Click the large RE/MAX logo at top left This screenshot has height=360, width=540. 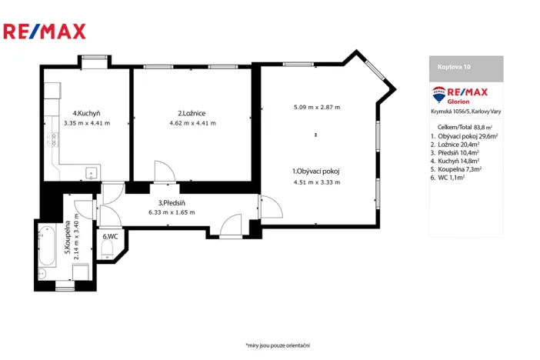[45, 31]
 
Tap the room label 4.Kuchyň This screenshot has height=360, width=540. [87, 112]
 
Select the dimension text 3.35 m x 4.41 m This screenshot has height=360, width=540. [87, 123]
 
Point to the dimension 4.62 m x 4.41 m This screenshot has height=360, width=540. [192, 123]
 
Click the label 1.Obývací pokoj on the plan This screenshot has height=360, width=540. [316, 171]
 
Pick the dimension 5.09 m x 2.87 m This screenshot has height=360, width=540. [316, 107]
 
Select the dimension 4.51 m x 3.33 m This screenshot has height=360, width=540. [316, 182]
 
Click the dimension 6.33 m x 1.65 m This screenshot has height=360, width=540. [171, 212]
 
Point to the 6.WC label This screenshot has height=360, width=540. [109, 236]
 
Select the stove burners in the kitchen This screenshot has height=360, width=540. [52, 140]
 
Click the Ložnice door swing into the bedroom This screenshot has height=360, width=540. [164, 172]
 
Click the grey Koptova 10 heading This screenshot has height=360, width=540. [465, 68]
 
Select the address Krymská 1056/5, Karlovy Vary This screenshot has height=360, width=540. [465, 112]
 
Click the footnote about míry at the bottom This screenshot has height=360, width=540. [277, 345]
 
